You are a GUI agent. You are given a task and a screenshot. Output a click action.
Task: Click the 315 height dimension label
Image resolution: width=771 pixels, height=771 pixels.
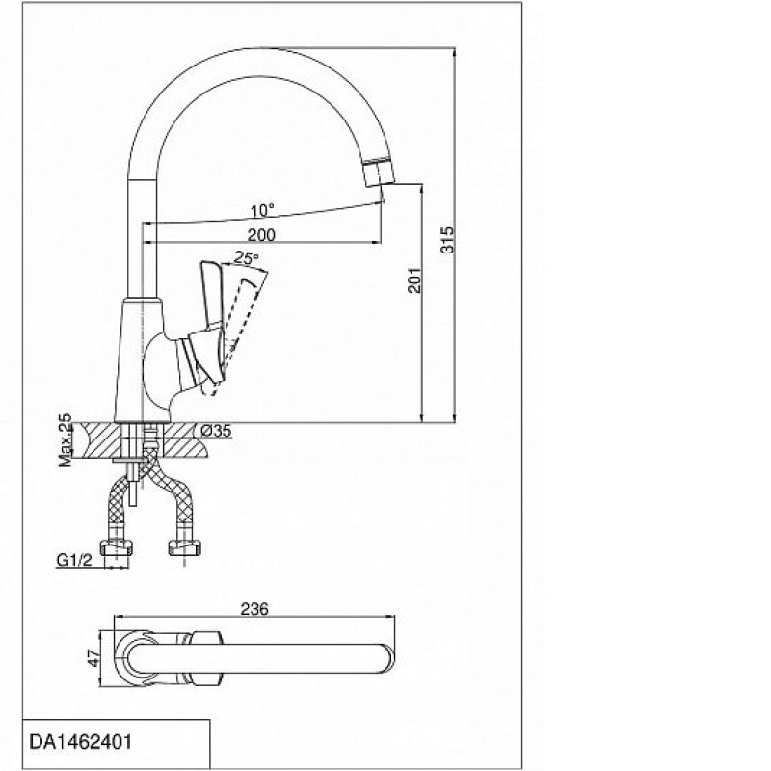447,239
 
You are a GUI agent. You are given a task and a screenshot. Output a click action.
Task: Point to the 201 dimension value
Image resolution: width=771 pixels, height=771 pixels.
414,280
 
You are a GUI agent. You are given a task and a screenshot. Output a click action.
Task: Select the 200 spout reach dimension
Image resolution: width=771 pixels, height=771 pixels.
261,235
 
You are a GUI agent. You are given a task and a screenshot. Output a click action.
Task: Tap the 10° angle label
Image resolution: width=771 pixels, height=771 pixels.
262,211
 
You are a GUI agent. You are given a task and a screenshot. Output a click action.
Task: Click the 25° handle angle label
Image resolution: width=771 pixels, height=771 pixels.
246,257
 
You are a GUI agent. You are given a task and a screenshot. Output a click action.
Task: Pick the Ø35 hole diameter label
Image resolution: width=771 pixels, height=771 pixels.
216,431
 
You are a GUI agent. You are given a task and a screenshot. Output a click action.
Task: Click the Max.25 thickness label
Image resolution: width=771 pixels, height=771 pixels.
65,440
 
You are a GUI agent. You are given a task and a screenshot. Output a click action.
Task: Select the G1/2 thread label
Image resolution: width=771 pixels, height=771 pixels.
74,560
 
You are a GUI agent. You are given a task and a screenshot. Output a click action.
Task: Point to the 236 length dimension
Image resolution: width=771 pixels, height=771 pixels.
254,609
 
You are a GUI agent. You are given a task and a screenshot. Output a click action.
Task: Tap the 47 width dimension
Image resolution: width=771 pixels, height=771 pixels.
93,658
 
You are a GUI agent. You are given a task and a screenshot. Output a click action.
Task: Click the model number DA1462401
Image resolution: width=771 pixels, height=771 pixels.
81,741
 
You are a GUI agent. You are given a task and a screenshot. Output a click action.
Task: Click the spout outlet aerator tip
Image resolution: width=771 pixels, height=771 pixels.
379,173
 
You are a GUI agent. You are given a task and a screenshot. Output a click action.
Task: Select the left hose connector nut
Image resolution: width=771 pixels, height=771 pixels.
117,547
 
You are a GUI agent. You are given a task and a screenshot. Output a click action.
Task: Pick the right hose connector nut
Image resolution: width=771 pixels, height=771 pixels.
185,547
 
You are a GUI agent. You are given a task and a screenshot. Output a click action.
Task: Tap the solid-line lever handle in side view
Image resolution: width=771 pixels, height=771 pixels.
212,300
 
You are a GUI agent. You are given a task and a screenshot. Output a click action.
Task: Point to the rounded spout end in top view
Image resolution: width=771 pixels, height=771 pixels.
387,658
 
